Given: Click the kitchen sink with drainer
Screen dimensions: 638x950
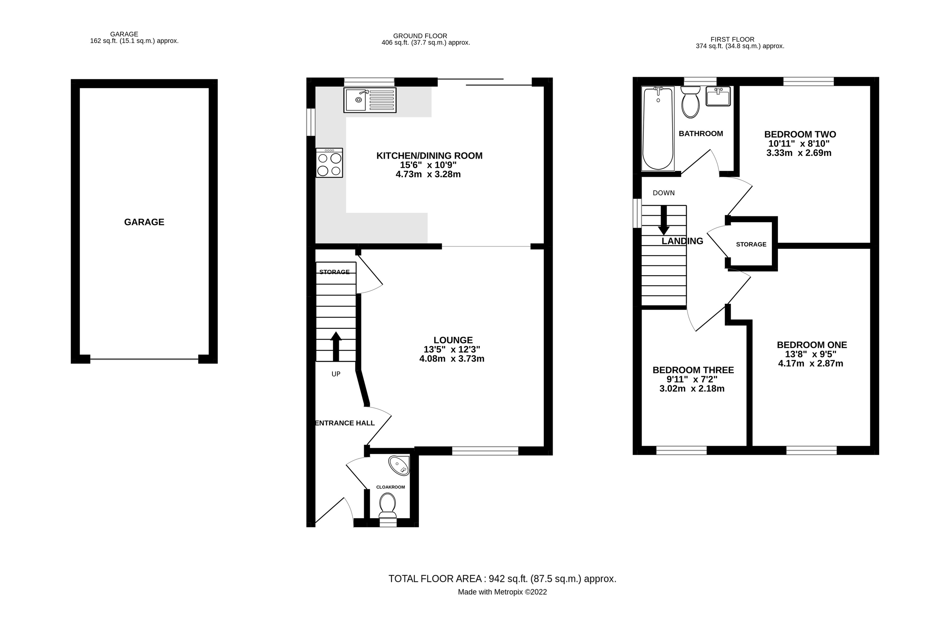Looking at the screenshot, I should point(370,100).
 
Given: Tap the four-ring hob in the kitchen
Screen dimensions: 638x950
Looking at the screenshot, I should point(329,163).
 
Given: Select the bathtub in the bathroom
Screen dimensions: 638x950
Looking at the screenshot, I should point(657,128).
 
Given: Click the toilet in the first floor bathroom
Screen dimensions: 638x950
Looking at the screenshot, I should point(690,103).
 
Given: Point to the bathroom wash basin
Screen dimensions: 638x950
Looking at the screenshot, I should point(718,97).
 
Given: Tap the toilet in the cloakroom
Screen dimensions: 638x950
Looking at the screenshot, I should point(387,505).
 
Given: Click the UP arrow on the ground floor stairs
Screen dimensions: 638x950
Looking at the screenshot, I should point(336,346).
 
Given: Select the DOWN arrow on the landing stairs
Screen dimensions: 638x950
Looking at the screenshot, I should point(664,221).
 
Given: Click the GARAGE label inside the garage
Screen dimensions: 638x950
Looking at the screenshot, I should point(144,222).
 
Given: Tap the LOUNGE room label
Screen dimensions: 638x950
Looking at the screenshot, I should point(453,340).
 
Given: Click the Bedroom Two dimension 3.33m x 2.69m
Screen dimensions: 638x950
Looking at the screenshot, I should point(799,153).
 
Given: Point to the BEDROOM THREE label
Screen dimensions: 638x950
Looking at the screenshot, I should point(693,370).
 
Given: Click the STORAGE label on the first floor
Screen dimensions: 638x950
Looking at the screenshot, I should point(751,244).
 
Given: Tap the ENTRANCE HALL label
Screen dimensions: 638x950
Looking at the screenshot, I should point(345,423).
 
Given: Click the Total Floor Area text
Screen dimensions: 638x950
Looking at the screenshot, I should point(502,579).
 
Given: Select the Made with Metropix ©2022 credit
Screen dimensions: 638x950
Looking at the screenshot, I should point(502,593).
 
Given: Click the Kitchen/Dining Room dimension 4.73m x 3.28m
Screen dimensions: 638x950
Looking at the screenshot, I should point(428,174).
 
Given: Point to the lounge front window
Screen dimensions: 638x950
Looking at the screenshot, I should point(485,451).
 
